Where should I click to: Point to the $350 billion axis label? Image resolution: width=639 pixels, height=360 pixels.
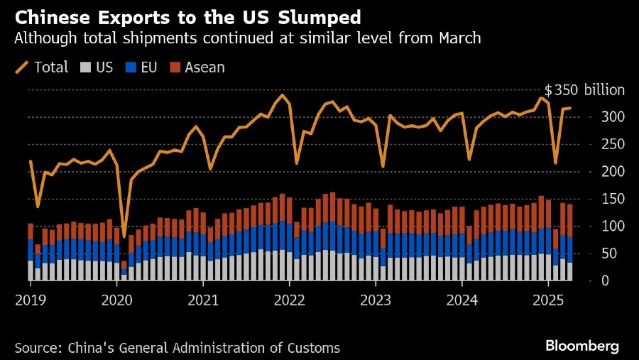[584, 90]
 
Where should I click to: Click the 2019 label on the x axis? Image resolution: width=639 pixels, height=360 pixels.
[29, 301]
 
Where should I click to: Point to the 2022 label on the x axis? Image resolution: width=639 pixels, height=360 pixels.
[290, 301]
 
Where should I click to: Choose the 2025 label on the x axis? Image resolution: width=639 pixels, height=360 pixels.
[549, 301]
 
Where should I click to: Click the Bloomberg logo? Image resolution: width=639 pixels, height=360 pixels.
[582, 346]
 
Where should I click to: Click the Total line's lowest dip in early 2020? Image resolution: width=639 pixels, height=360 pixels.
[124, 236]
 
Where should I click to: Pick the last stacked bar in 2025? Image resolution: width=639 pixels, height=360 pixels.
[570, 242]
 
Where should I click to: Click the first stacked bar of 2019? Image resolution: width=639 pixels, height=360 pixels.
[31, 252]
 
